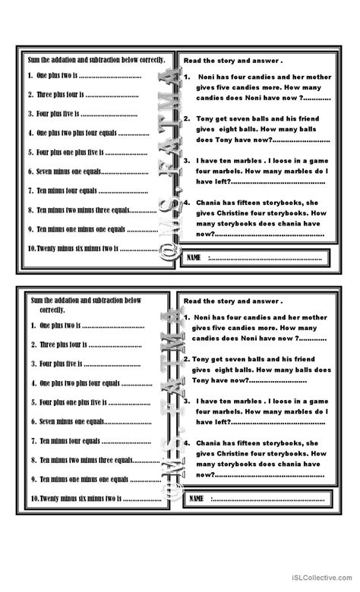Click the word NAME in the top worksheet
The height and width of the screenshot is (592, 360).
(194, 258)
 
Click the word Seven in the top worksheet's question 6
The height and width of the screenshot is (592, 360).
(45, 172)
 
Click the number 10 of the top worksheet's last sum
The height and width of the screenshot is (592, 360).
(30, 248)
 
